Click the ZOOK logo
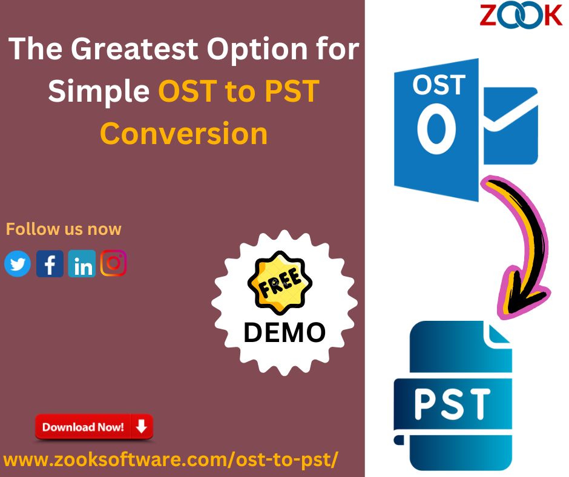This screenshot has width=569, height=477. click(521, 16)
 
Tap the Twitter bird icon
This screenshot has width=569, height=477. click(18, 263)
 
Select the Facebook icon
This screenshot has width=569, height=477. click(50, 263)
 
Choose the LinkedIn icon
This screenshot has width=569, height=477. click(82, 263)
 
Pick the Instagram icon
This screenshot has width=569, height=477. click(114, 263)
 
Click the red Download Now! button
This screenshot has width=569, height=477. click(94, 427)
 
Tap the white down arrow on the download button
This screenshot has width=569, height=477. click(141, 427)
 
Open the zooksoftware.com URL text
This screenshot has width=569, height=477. click(171, 459)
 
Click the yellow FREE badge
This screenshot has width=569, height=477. click(280, 283)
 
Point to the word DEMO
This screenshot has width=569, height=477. click(284, 332)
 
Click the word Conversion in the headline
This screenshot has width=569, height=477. click(183, 133)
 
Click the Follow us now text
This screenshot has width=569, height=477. click(64, 229)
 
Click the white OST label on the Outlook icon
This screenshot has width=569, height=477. click(439, 85)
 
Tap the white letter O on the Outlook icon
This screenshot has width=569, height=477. click(436, 128)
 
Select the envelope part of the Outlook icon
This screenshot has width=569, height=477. click(510, 125)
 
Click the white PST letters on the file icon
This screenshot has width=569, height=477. click(452, 404)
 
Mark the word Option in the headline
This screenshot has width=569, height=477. click(257, 50)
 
